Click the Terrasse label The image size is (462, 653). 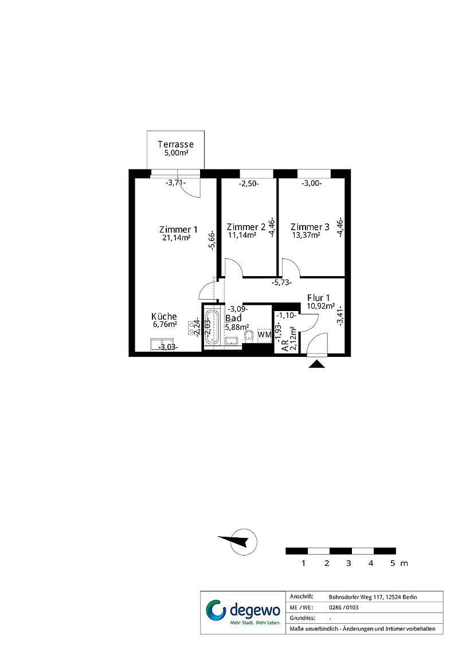coord(175,144)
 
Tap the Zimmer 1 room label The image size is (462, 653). coord(178,230)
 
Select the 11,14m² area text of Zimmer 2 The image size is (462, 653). coord(242,235)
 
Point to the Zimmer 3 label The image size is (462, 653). coord(310,227)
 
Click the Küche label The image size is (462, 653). coord(164,317)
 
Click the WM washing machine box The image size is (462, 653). coord(265,335)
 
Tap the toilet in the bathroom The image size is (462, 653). coord(249,336)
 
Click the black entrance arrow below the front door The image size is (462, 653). coord(317,364)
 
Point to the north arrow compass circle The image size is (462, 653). coord(244,541)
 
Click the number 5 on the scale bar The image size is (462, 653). coord(393,564)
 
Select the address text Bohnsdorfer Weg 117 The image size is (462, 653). coord(355,597)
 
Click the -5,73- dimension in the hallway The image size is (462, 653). coord(281,282)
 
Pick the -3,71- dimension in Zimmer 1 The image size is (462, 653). coord(176,183)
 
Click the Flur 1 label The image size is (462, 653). coord(318,298)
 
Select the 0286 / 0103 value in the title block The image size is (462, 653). coord(343,607)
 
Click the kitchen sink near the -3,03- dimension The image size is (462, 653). coord(162,345)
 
